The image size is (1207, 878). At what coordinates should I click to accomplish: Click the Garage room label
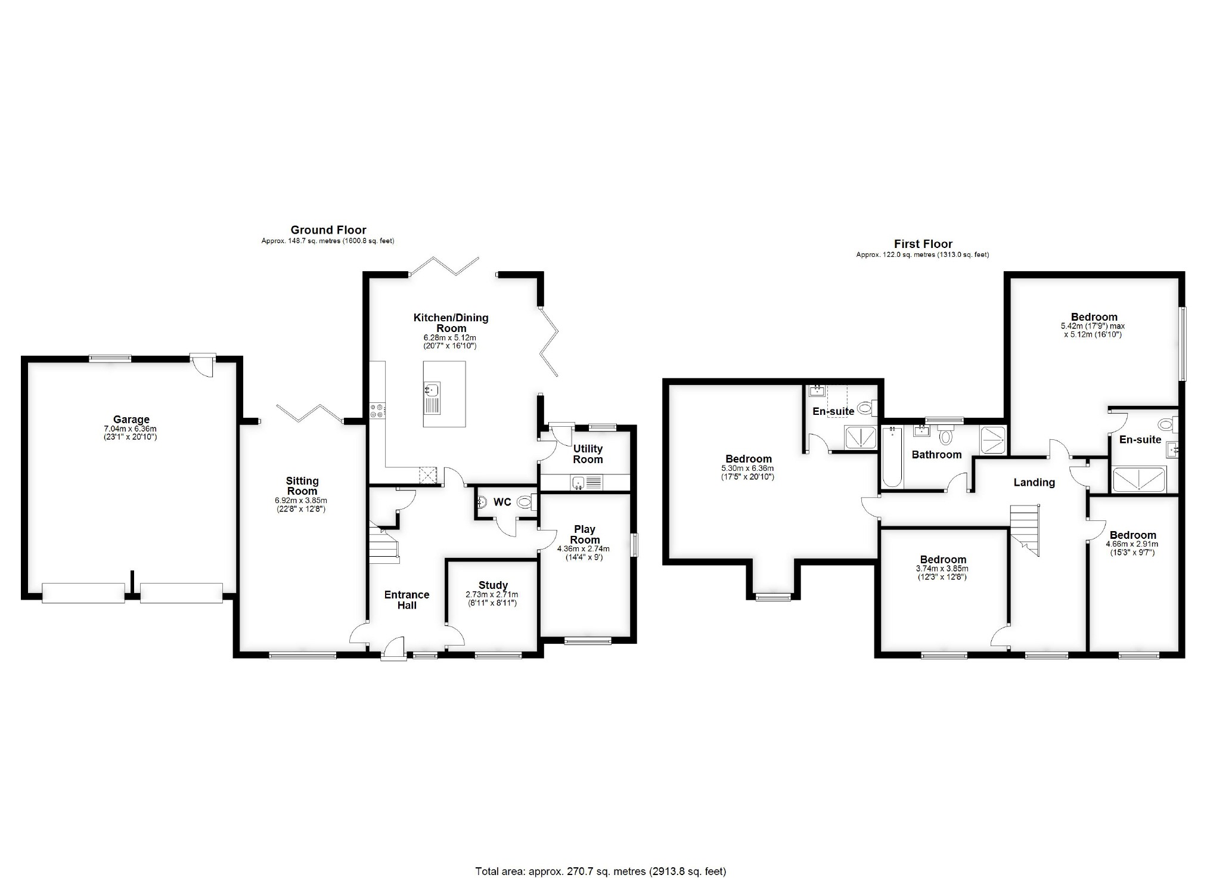(x=131, y=420)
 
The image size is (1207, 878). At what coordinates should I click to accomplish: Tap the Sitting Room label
(x=302, y=486)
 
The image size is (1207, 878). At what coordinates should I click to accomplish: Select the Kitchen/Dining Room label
(x=451, y=322)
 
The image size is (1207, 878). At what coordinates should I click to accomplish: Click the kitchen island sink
(x=432, y=390)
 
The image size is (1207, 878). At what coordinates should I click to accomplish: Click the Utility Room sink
(x=578, y=482)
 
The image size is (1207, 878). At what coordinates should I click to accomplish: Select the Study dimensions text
(x=492, y=598)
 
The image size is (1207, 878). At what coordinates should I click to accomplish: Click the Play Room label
(x=585, y=534)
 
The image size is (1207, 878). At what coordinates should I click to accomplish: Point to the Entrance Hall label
(x=407, y=600)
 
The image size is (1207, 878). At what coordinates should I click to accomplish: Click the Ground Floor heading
(x=328, y=229)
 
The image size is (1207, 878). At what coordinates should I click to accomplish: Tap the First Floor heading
(x=923, y=244)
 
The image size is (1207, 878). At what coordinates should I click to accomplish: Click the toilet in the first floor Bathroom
(x=945, y=436)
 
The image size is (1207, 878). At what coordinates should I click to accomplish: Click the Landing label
(x=1034, y=483)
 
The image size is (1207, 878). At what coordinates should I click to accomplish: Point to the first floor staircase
(x=1025, y=530)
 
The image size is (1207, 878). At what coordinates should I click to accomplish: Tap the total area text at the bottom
(x=601, y=871)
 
